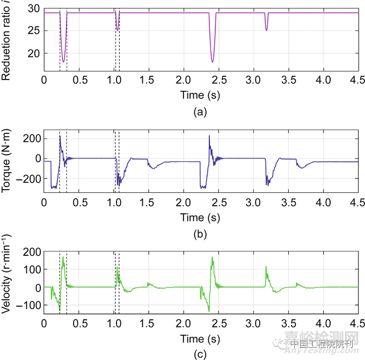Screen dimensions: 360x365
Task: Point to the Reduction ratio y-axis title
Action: pos(7,40)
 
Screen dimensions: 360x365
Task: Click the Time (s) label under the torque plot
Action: pos(200,218)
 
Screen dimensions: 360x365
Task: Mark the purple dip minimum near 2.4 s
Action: pos(213,62)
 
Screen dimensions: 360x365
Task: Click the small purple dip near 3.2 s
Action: pos(266,30)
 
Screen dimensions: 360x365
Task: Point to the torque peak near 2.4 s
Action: pos(209,136)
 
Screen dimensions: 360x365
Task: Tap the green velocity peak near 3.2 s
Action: pos(266,267)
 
